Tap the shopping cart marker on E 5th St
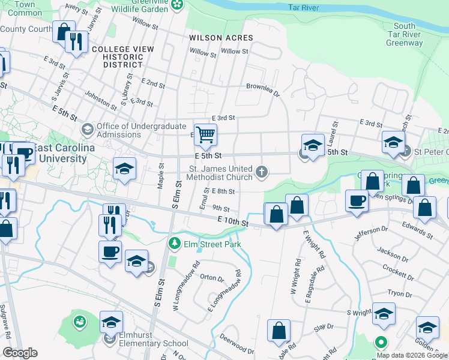coord(205,135)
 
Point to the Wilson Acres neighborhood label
coord(221,37)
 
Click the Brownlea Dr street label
coord(263,88)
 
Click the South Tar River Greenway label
coord(405,34)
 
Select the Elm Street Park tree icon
coord(174,244)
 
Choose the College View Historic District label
coord(118,57)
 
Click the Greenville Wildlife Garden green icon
coord(177,5)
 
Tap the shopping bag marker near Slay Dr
coord(279,330)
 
